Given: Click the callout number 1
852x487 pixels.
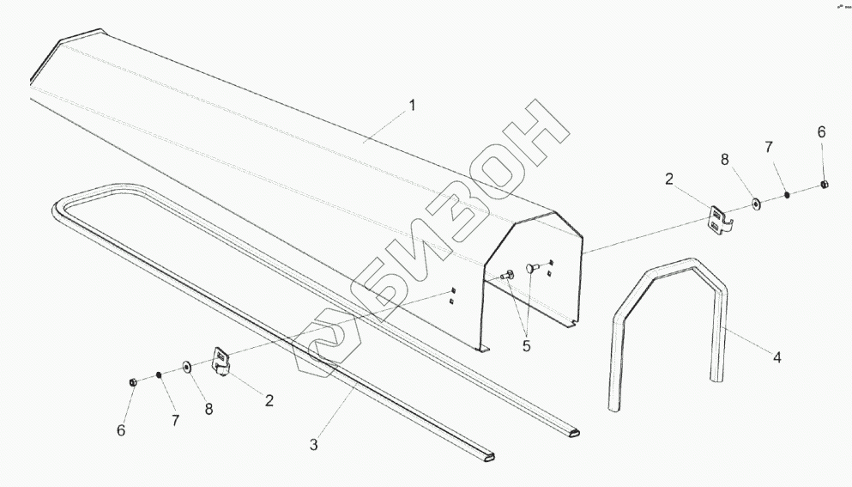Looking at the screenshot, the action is click(412, 106).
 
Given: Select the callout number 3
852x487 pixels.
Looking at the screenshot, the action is click(314, 445).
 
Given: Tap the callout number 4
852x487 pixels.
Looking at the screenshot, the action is click(776, 357).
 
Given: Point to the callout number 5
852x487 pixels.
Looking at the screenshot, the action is click(527, 346).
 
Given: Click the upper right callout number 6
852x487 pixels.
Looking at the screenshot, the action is click(821, 132).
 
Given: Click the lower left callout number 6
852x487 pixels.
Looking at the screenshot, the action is click(121, 430).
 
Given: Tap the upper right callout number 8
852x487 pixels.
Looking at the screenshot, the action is click(725, 159).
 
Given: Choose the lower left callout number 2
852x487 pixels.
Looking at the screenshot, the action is click(269, 399).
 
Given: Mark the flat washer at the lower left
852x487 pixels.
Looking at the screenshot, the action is click(186, 368).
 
